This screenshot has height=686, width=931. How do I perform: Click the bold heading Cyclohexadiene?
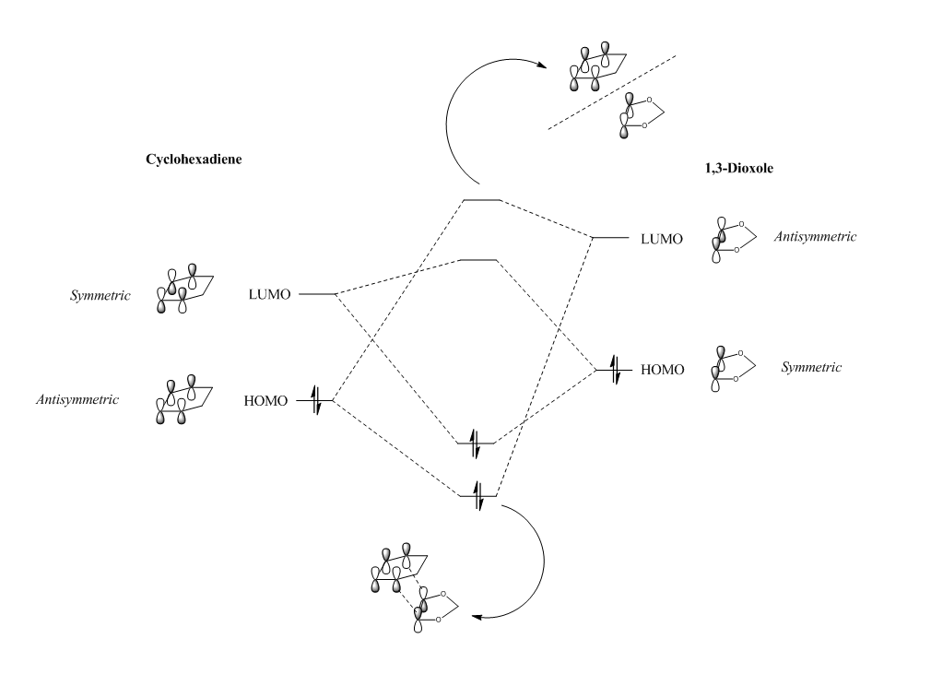pyautogui.click(x=200, y=160)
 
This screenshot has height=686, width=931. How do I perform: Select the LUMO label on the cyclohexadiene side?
pyautogui.click(x=269, y=294)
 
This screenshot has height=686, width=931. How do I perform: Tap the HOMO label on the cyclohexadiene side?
pyautogui.click(x=266, y=401)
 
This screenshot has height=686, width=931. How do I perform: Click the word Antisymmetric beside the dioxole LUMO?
pyautogui.click(x=818, y=237)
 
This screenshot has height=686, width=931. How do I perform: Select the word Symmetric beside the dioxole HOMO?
pyautogui.click(x=811, y=367)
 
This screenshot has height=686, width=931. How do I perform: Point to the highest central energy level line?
pyautogui.click(x=480, y=199)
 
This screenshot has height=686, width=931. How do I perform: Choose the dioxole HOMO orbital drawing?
pyautogui.click(x=732, y=369)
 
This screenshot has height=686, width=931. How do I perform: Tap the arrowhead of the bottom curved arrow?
pyautogui.click(x=476, y=615)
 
